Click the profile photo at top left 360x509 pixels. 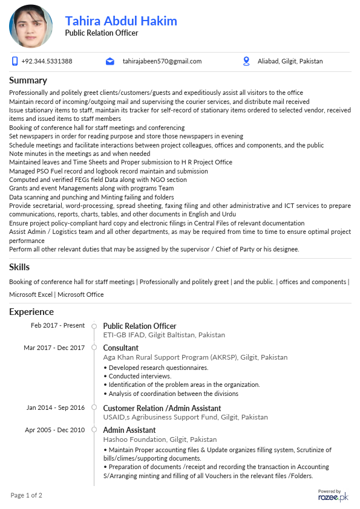[x=31, y=27]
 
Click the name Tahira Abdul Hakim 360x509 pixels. [x=121, y=21]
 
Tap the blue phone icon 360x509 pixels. [x=15, y=61]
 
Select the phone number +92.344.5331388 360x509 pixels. [x=47, y=61]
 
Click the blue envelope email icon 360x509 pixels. [x=110, y=61]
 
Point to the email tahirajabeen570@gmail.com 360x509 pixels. [x=162, y=61]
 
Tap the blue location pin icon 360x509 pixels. [x=246, y=61]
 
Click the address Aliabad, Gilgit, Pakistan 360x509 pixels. [x=290, y=61]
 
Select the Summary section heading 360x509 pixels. [x=28, y=80]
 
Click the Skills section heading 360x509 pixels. [x=19, y=267]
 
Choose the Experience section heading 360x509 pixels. [x=31, y=312]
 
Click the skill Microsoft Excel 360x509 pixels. [x=31, y=294]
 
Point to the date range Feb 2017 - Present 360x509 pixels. [x=58, y=325]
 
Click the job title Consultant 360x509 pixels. [x=120, y=348]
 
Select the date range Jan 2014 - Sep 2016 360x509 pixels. [x=56, y=407]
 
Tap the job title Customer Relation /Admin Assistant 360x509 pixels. [x=162, y=408]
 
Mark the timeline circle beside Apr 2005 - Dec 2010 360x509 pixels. [x=94, y=430]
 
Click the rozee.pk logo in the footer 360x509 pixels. [x=333, y=496]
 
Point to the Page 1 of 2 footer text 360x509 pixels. [x=27, y=496]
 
